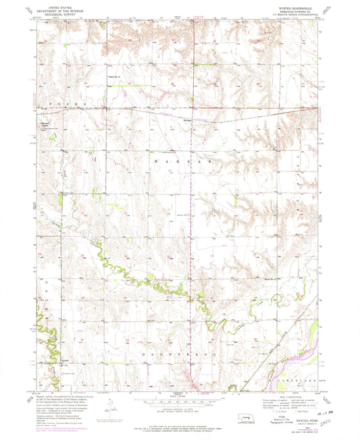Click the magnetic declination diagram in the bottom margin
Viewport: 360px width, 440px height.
click(x=110, y=406)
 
